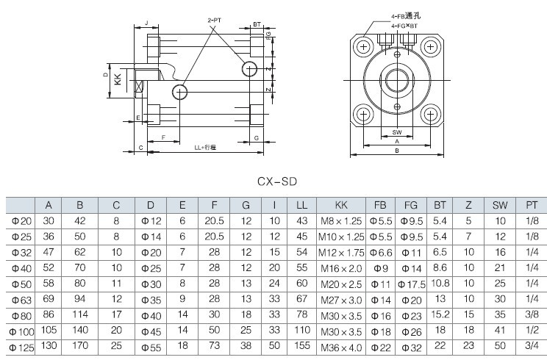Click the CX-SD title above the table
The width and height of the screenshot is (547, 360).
276,181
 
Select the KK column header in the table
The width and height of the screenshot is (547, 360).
341,205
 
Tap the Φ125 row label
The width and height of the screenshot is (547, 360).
21,346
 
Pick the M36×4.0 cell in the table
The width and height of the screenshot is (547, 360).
341,346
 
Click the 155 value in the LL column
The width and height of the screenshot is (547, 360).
301,346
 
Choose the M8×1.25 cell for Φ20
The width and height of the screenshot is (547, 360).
341,220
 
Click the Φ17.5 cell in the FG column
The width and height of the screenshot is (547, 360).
412,283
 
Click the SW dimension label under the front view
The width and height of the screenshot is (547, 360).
397,132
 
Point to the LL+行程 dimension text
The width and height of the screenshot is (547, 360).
205,148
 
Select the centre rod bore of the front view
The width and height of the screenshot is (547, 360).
397,80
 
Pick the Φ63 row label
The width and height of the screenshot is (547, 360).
21,299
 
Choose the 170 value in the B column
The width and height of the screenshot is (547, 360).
82,346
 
